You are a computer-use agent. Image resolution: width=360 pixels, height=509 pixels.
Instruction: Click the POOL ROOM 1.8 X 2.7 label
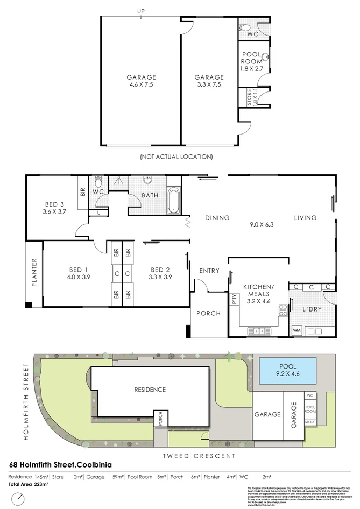pos(251,62)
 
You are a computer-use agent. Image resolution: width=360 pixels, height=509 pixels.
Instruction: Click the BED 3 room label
pos(54,208)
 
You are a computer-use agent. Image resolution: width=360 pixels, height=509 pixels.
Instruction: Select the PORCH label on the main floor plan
pos(208,314)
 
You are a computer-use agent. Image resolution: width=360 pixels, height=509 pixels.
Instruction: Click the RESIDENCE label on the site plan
pos(150,390)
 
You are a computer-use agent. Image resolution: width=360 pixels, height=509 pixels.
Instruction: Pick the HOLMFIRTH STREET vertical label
pos(25,401)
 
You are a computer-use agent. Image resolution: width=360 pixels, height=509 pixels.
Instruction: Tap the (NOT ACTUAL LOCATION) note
pos(176,157)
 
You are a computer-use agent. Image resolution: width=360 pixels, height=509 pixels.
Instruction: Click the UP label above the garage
pos(141,11)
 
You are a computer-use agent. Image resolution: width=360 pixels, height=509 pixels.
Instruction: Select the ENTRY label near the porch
pos(209,271)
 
